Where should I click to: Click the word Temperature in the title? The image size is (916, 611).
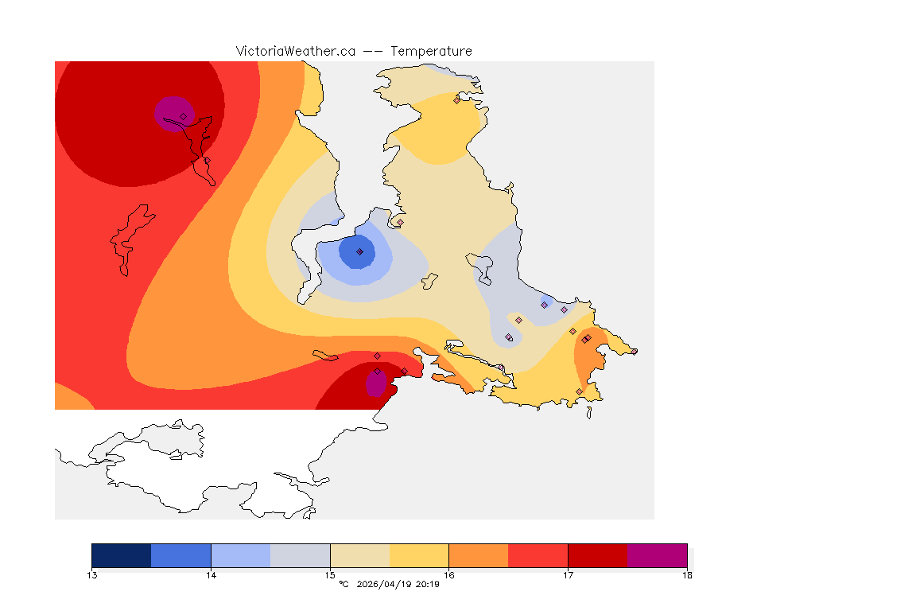(432, 51)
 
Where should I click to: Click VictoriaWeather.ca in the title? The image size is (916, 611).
(295, 51)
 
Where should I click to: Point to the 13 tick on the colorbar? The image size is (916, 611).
(92, 574)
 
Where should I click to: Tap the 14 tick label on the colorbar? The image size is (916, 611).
(211, 574)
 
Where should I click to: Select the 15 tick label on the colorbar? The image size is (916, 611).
(330, 574)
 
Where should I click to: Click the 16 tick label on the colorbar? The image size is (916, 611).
(449, 574)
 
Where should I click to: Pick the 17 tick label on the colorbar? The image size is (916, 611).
(568, 574)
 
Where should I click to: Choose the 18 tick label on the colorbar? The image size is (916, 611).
(687, 574)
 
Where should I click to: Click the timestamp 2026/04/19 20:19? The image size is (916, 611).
(396, 584)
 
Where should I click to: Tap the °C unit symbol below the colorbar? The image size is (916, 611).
(343, 584)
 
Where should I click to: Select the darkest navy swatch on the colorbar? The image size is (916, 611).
(121, 555)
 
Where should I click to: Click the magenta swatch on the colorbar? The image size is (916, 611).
(657, 555)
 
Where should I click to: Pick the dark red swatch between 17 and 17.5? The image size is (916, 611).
(597, 555)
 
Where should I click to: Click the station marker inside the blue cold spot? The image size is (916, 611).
(359, 251)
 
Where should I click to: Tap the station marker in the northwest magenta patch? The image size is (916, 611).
(183, 116)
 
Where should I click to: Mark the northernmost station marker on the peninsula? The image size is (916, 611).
(456, 100)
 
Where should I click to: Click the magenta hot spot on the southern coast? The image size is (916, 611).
(375, 384)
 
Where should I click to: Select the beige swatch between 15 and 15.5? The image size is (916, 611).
(359, 555)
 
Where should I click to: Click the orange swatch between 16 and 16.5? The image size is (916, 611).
(479, 555)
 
